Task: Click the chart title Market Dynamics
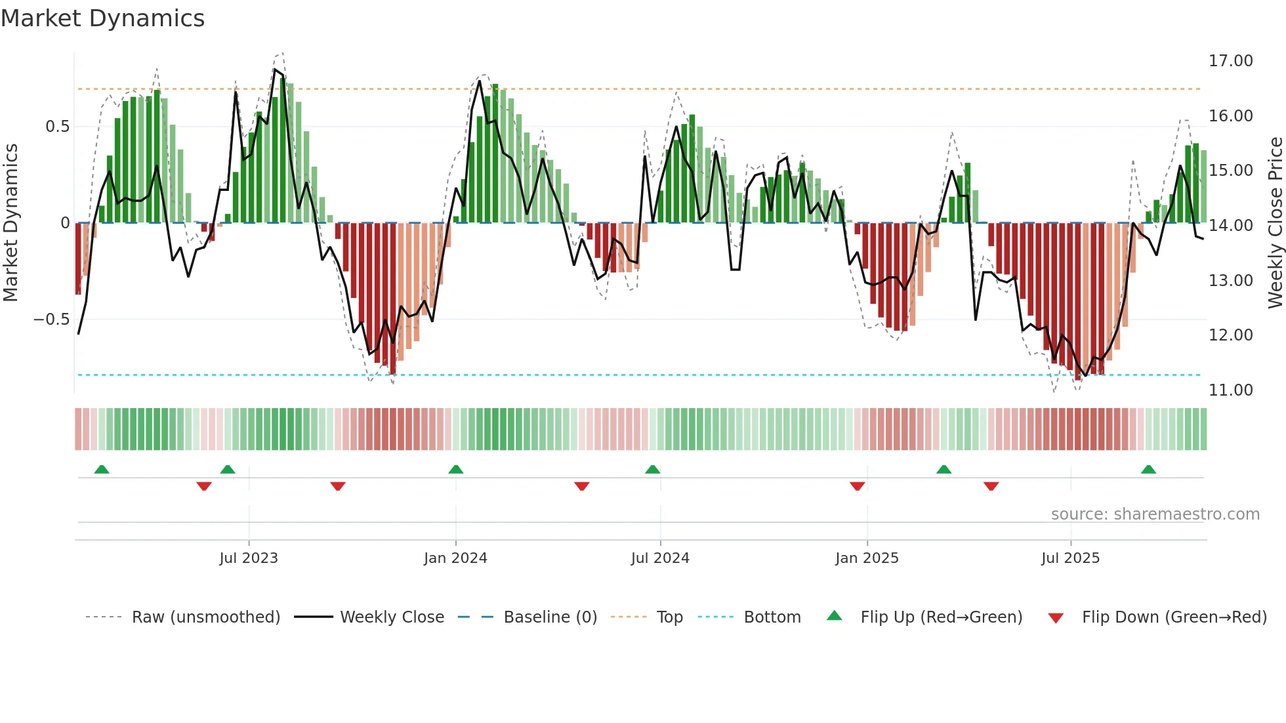[102, 18]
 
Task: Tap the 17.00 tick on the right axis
[1230, 61]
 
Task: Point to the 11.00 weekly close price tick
[1230, 390]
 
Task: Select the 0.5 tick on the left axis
[57, 127]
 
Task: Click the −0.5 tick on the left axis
[51, 320]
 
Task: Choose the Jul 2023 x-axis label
[249, 558]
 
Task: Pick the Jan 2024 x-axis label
[455, 558]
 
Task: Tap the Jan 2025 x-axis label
[867, 558]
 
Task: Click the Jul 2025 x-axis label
[1070, 558]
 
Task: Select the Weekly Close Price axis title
[1275, 223]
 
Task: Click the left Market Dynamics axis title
[10, 223]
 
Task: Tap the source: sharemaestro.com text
[1155, 514]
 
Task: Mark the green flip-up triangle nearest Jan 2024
[456, 469]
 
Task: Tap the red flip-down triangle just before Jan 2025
[857, 485]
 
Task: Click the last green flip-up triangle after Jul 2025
[1148, 469]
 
